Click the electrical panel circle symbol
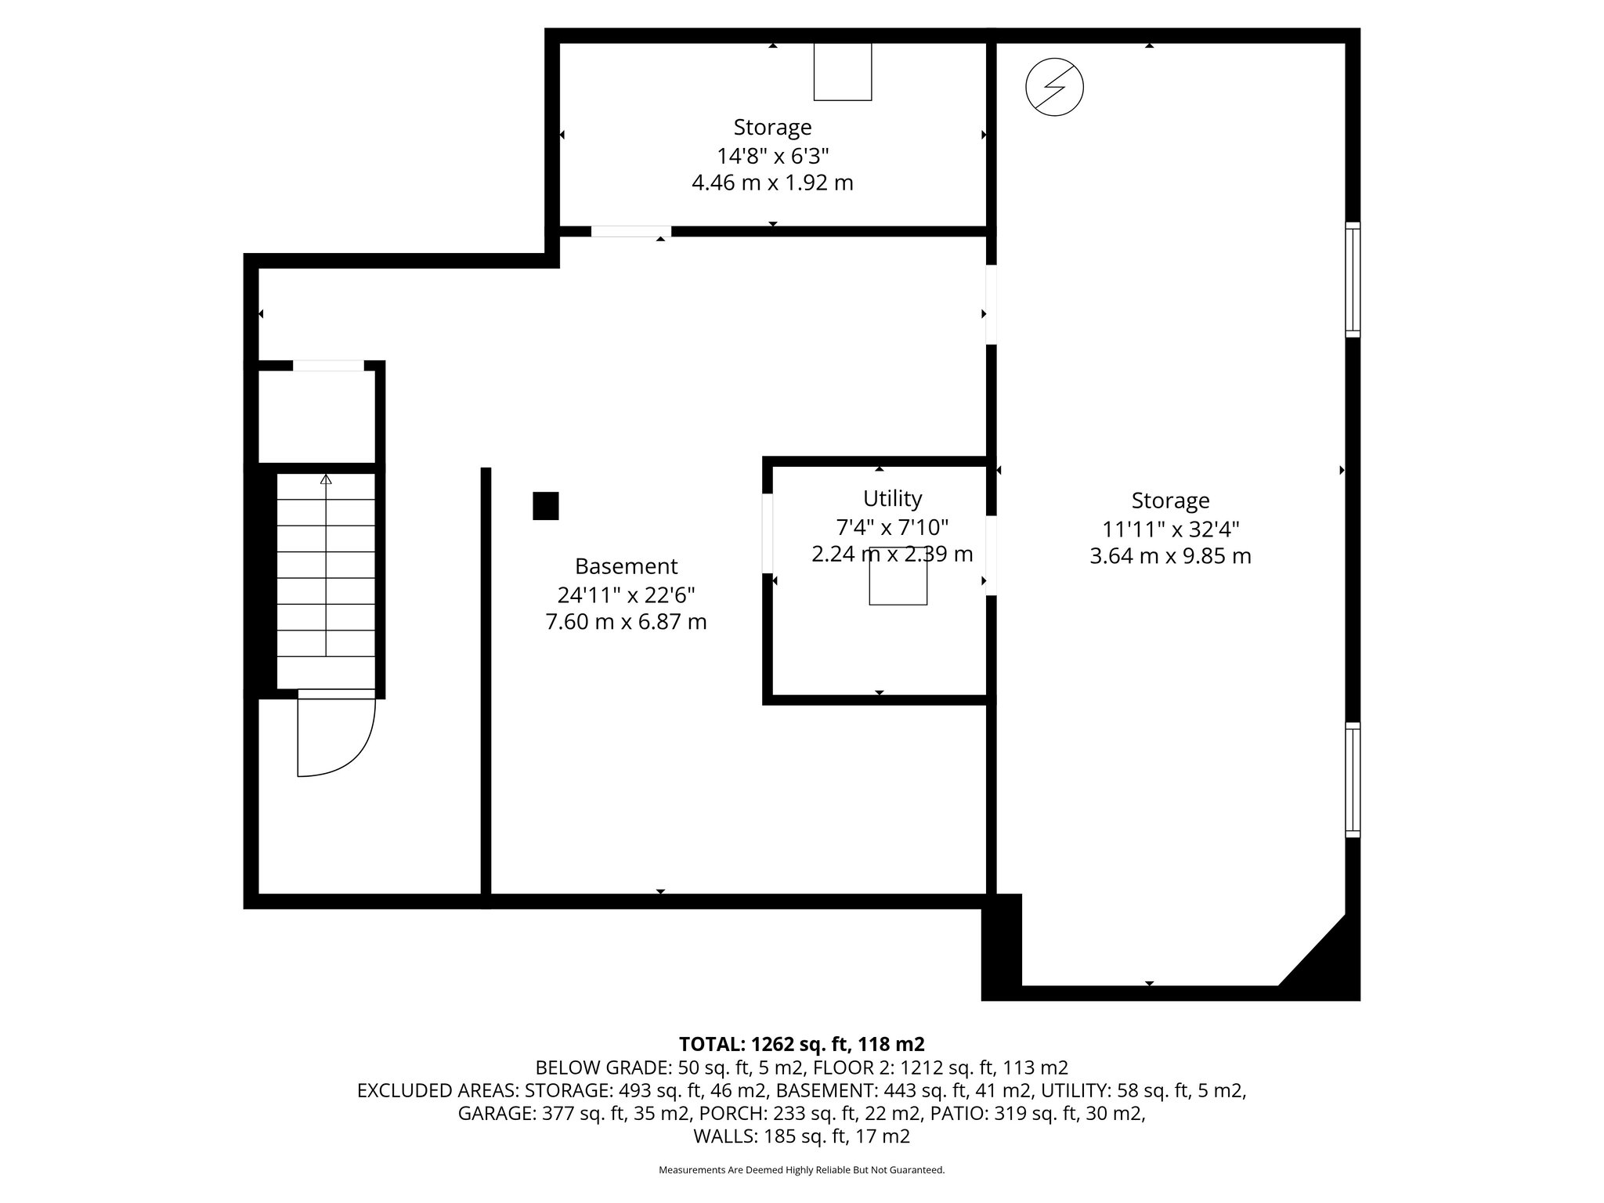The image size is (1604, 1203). (1054, 87)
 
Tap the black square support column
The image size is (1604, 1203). (546, 506)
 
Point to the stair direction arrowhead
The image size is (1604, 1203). (326, 479)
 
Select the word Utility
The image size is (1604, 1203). (892, 498)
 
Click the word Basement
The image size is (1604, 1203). (626, 566)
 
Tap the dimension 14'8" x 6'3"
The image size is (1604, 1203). (772, 155)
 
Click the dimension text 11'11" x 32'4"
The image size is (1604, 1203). (1170, 529)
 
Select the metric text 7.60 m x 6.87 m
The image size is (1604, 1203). (626, 622)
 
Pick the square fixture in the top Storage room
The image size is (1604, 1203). (843, 72)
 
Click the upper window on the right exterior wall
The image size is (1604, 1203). (1353, 280)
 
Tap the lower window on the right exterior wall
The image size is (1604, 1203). (1353, 779)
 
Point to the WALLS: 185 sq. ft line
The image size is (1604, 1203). (801, 1136)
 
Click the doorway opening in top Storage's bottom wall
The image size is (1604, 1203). (630, 232)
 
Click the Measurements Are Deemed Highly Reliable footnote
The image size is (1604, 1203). (801, 1170)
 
